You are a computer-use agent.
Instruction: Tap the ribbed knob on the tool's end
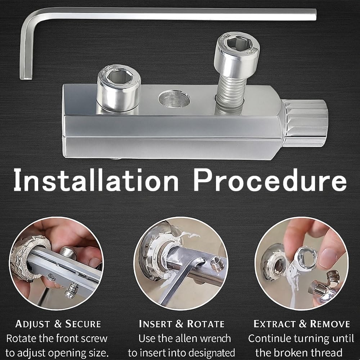pos(305,122)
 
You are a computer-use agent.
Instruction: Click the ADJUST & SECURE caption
pos(58,324)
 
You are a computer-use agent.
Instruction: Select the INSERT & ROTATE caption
pos(181,324)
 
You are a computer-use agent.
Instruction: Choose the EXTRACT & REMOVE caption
pos(302,324)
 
